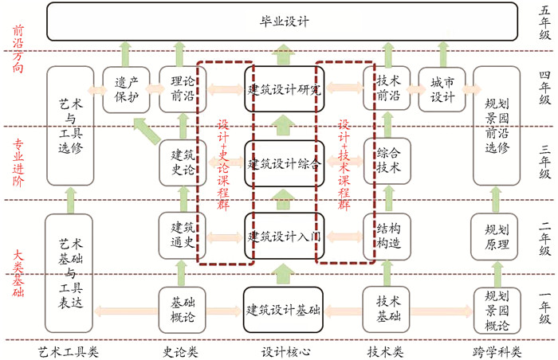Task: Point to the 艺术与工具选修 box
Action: coord(71,125)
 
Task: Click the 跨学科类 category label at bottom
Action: coord(496,349)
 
